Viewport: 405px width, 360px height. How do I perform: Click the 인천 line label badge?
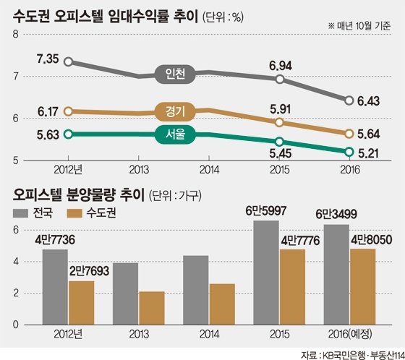(175, 74)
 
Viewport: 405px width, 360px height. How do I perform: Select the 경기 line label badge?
(175, 111)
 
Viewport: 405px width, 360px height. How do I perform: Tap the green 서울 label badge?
(175, 134)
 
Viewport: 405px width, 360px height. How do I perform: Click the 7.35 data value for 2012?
(48, 59)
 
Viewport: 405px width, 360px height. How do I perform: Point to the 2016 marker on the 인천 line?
(349, 100)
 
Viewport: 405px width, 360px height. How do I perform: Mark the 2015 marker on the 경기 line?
(279, 122)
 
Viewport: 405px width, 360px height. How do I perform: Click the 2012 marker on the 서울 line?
(68, 134)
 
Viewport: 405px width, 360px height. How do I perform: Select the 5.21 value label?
(369, 153)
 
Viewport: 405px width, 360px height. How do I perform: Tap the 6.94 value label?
(281, 66)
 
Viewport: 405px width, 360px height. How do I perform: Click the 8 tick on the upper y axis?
(16, 35)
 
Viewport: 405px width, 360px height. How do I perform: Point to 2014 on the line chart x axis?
(209, 170)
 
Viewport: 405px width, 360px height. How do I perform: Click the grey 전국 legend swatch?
(20, 213)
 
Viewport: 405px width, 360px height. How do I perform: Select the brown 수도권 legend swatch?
(74, 213)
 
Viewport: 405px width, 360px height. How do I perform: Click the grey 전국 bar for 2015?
(266, 273)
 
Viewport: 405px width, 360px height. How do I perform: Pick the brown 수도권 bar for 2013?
(152, 308)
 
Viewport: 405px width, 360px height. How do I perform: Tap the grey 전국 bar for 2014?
(196, 290)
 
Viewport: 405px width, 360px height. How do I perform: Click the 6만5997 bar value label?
(266, 211)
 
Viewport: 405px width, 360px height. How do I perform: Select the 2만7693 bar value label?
(89, 271)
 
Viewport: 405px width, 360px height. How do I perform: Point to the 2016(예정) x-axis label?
(350, 334)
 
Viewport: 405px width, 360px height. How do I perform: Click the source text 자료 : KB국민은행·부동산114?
(353, 355)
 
